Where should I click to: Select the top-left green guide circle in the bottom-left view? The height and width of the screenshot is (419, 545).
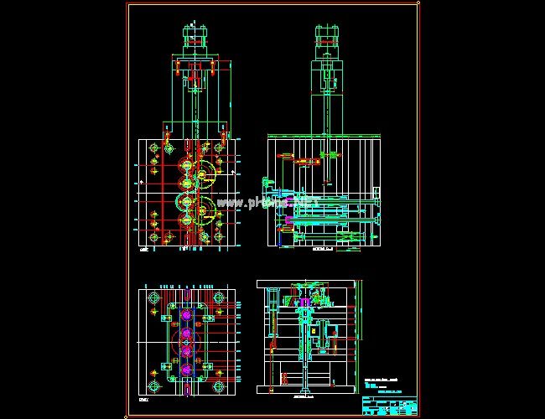(154, 298)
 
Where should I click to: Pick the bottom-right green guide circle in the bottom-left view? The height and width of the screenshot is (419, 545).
(220, 387)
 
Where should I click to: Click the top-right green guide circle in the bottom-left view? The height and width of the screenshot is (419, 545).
(220, 298)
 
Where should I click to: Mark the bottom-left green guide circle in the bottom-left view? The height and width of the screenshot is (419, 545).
(154, 387)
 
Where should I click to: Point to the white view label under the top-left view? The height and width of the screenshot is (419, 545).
(143, 250)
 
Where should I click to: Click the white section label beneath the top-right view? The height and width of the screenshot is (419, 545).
(323, 250)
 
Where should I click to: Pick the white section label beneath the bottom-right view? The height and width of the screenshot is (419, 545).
(304, 399)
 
